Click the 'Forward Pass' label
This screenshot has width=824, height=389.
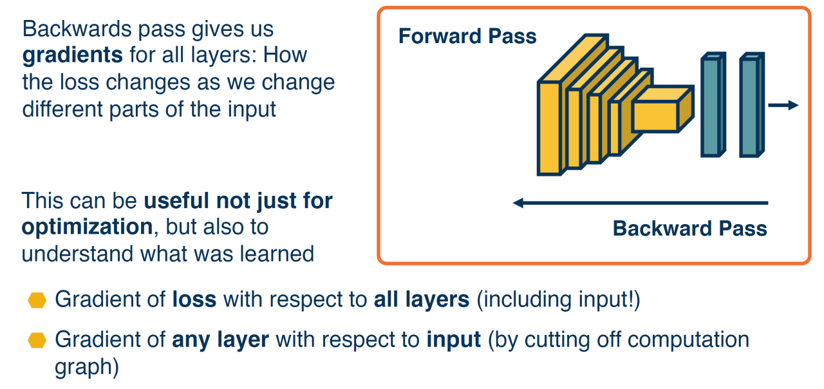pyautogui.click(x=467, y=36)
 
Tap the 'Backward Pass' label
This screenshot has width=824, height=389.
pyautogui.click(x=689, y=229)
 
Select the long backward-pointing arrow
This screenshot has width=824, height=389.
pyautogui.click(x=641, y=204)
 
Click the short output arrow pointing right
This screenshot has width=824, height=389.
pyautogui.click(x=783, y=106)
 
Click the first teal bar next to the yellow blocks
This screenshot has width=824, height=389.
pyautogui.click(x=711, y=106)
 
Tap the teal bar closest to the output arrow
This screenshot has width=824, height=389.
pyautogui.click(x=749, y=106)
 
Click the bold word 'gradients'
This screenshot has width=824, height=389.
pyautogui.click(x=72, y=55)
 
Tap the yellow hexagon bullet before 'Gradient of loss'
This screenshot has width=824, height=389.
pyautogui.click(x=37, y=301)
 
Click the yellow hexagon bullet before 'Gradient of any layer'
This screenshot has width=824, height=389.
pyautogui.click(x=37, y=340)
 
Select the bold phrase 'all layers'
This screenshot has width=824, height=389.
pyautogui.click(x=422, y=300)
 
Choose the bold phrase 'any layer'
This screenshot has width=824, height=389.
pyautogui.click(x=220, y=339)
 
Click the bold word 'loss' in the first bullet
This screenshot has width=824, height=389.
pyautogui.click(x=194, y=300)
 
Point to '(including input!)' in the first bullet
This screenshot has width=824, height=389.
pyautogui.click(x=558, y=300)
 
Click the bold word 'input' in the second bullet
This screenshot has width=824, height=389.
pyautogui.click(x=454, y=339)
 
